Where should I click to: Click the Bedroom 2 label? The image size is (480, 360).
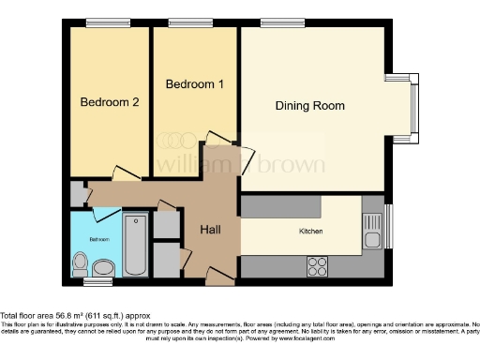pos(110,102)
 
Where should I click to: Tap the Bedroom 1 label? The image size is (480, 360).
pos(194,84)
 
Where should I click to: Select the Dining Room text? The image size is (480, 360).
pos(309,105)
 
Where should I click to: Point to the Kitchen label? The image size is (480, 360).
pos(310,231)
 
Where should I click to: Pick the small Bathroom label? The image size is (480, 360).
pos(99,240)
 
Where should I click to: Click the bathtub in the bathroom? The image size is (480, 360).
pos(135,245)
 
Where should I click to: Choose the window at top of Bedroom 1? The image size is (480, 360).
pos(183,22)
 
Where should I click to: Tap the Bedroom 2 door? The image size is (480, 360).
pos(124,174)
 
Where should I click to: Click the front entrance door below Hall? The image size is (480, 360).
pos(219,275)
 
